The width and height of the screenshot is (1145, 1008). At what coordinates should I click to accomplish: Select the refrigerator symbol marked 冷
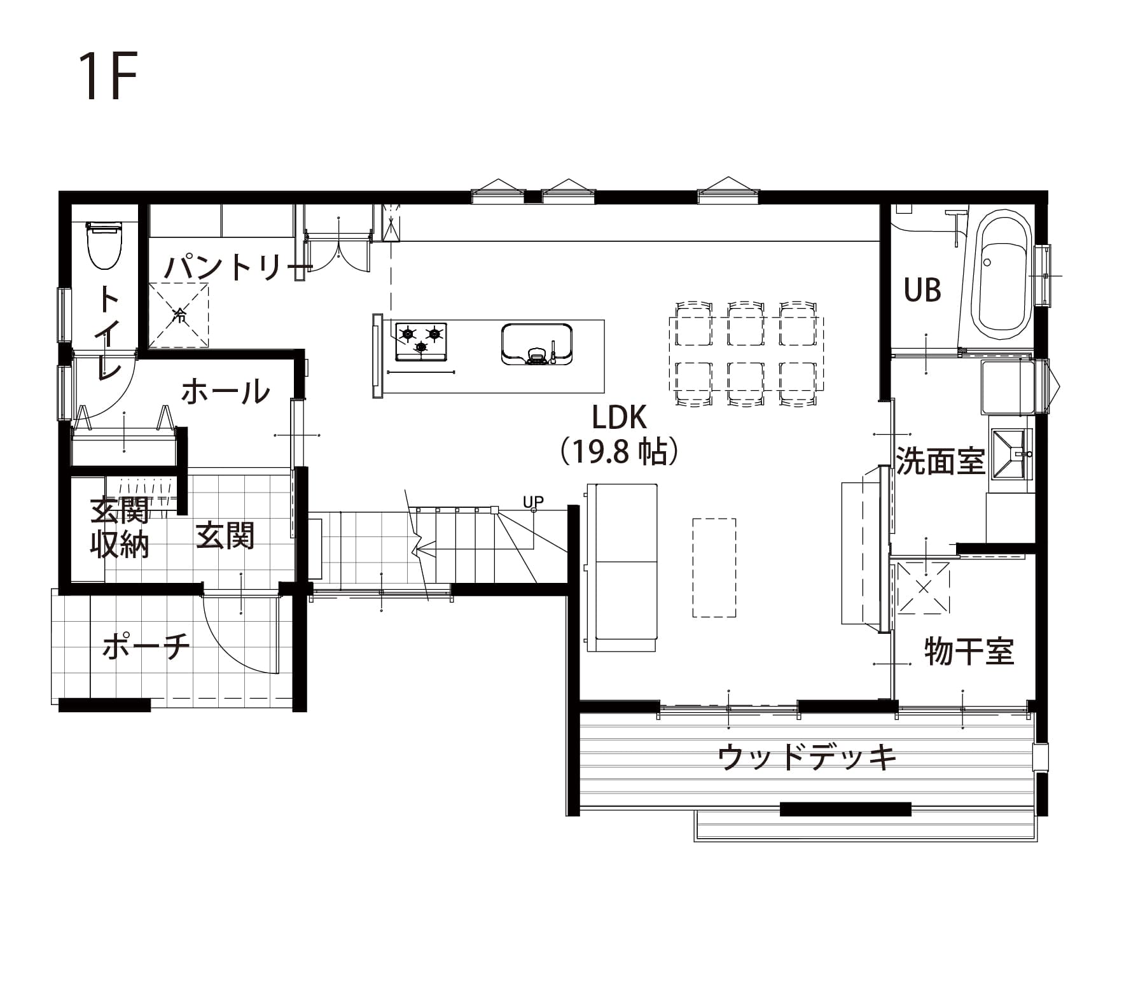tap(179, 316)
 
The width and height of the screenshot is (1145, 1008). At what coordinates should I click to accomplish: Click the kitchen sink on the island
tap(537, 344)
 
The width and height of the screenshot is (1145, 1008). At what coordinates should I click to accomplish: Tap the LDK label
tap(619, 418)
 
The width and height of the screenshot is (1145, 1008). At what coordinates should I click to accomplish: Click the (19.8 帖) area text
tap(619, 452)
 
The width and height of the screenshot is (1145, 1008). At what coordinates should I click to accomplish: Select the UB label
tap(922, 291)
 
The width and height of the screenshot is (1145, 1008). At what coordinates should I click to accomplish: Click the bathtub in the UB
tap(1004, 276)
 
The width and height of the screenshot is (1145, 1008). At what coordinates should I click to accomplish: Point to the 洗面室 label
tap(940, 460)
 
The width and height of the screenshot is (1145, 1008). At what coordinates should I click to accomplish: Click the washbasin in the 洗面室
tap(1010, 454)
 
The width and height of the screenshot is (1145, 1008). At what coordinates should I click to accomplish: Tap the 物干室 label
tap(968, 651)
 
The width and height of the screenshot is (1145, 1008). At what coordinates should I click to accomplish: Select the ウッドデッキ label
tap(807, 757)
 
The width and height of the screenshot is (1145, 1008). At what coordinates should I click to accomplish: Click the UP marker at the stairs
tap(533, 502)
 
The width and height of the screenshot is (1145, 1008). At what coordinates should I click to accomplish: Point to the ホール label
tap(226, 391)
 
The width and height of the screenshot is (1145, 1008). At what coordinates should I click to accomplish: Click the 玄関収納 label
tap(120, 528)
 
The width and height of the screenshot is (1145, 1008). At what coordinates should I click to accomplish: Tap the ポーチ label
tap(146, 647)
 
